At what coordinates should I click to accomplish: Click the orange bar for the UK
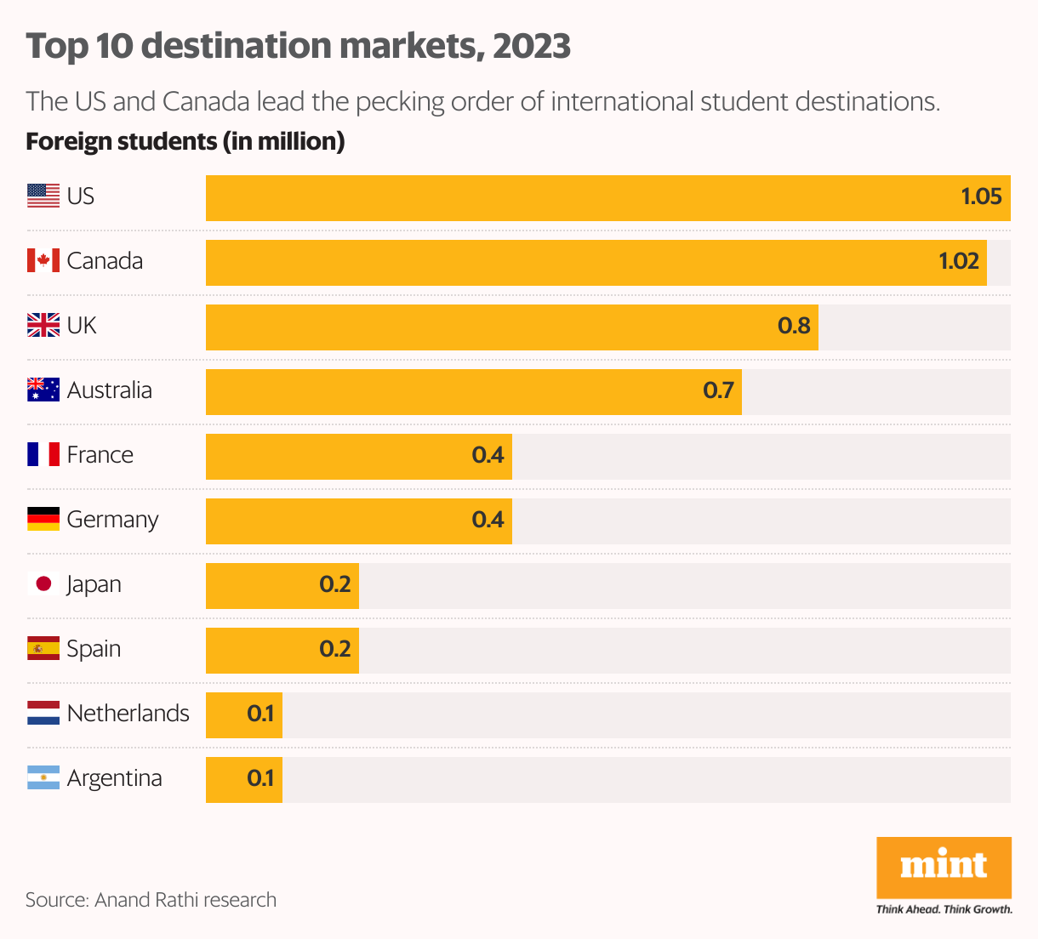(510, 327)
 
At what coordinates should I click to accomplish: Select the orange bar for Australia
(473, 392)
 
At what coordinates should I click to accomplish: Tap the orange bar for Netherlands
(243, 715)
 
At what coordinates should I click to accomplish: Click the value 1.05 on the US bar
(981, 196)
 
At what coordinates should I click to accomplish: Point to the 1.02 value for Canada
(959, 261)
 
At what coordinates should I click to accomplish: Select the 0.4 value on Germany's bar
(488, 520)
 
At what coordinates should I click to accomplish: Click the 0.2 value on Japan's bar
(335, 584)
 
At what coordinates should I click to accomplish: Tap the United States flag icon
(43, 196)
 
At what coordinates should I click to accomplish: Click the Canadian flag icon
(43, 261)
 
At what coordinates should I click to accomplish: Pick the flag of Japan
(43, 584)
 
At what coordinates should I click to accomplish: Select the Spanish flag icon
(43, 649)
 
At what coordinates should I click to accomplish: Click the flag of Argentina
(43, 778)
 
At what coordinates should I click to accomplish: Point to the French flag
(43, 455)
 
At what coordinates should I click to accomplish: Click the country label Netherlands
(128, 714)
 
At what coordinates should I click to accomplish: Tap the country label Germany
(112, 520)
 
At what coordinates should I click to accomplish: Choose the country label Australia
(109, 390)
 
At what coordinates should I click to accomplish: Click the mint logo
(944, 867)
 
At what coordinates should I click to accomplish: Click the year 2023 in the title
(532, 46)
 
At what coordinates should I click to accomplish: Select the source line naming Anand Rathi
(151, 900)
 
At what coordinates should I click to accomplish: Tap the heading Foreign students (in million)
(185, 141)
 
